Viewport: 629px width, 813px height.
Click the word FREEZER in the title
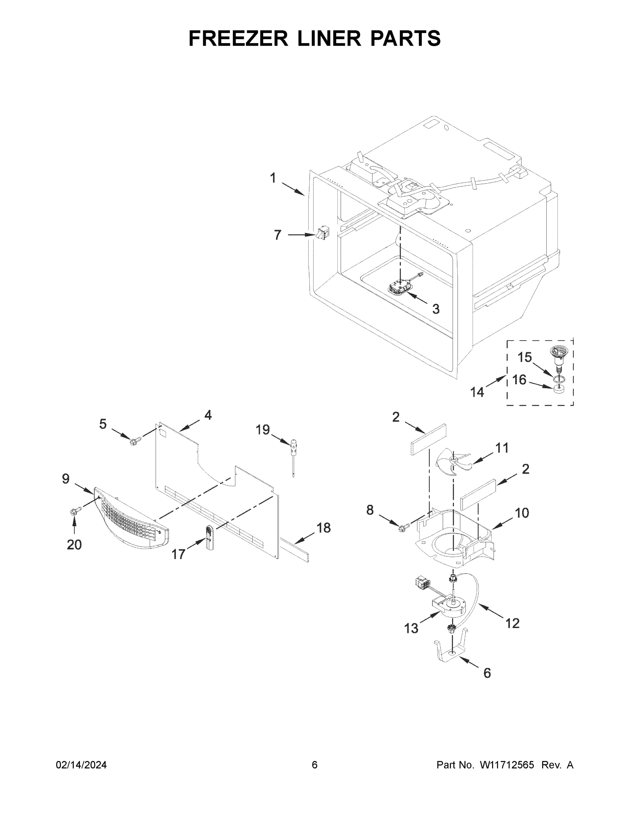coord(238,38)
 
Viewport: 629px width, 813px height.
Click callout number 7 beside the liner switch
coord(278,235)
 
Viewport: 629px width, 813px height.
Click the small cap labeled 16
coord(558,389)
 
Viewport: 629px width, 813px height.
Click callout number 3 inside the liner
coord(436,309)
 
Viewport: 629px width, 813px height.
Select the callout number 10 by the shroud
coord(522,513)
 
